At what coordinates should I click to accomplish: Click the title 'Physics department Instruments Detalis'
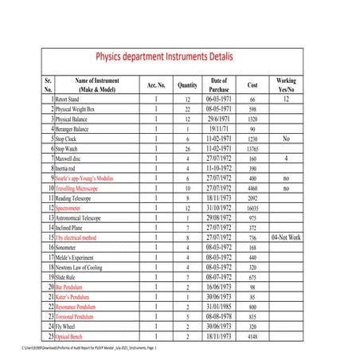click(x=178, y=57)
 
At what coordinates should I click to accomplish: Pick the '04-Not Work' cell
click(x=285, y=237)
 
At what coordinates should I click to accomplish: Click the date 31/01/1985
click(x=218, y=306)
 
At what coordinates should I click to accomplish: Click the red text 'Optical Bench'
click(x=72, y=336)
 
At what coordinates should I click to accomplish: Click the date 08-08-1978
click(x=218, y=316)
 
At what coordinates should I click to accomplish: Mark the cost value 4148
click(x=252, y=336)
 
